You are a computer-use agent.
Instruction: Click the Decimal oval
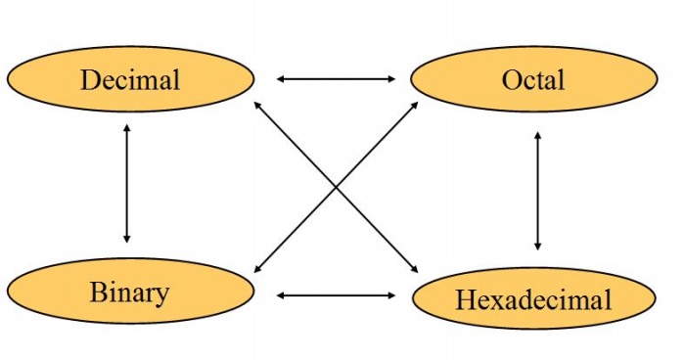[x=130, y=78]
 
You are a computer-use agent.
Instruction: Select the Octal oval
[x=533, y=78]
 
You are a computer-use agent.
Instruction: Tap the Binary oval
[x=130, y=292]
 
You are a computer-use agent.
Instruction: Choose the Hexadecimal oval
[x=533, y=297]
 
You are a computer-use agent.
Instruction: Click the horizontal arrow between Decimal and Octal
[x=335, y=78]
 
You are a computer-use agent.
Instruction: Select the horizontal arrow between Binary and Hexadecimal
[x=335, y=294]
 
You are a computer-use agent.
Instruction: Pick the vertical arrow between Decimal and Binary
[x=126, y=184]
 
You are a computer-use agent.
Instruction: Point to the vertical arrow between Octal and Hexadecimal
[x=537, y=190]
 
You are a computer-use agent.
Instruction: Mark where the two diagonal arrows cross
[x=336, y=186]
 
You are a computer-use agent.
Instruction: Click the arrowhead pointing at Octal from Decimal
[x=390, y=78]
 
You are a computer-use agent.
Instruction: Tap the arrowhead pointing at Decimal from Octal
[x=281, y=78]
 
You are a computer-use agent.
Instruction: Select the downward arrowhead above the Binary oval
[x=126, y=238]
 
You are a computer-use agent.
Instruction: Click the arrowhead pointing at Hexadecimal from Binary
[x=390, y=294]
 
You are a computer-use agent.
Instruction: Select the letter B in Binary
[x=98, y=292]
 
